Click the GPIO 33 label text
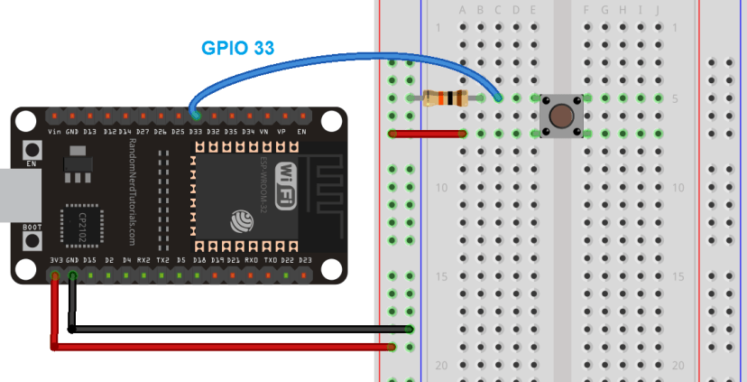(x=238, y=47)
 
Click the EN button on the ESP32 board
(x=32, y=150)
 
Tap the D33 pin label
(x=195, y=131)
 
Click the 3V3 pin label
(x=56, y=260)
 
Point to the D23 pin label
(x=305, y=260)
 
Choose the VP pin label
(x=281, y=131)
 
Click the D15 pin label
(x=90, y=260)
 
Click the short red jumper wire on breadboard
(x=428, y=134)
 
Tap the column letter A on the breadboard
(x=463, y=11)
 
